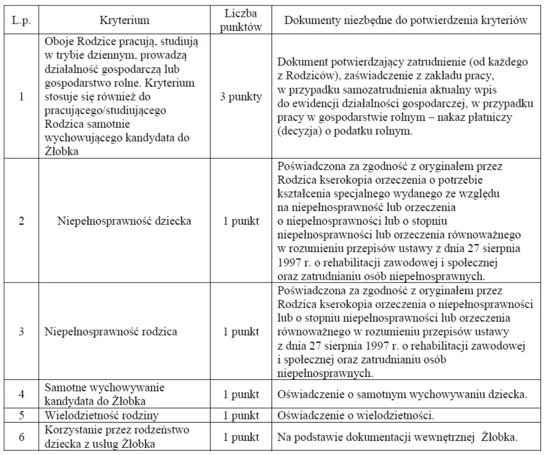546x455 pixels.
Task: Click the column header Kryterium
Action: [124, 21]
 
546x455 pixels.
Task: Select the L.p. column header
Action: [21, 21]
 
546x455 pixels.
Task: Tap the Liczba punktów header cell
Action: [241, 21]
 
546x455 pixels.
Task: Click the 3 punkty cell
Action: [241, 97]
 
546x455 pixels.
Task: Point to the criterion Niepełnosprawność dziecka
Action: [124, 221]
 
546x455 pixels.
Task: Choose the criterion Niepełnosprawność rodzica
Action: [111, 332]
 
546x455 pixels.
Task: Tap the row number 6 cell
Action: [21, 437]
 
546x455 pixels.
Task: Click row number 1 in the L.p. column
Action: [21, 97]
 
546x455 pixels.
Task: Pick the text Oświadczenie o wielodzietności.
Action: [356, 416]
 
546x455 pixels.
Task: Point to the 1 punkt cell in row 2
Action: [241, 221]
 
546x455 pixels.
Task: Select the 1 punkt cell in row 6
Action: [241, 437]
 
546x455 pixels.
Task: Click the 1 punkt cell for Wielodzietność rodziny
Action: [241, 416]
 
